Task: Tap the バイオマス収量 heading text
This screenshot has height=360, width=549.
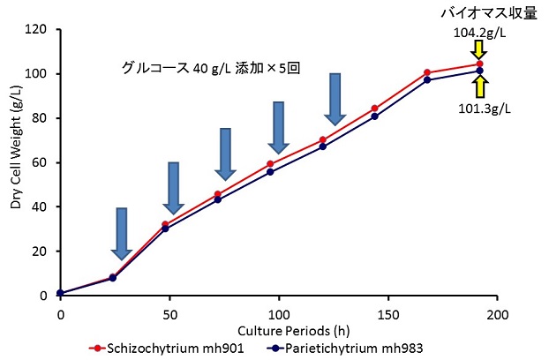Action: click(489, 12)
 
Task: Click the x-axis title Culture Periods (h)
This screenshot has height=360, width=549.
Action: click(280, 328)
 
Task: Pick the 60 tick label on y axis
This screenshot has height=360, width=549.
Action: click(40, 162)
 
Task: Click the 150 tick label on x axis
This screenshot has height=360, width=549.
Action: click(388, 313)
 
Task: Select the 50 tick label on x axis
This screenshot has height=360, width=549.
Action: click(169, 313)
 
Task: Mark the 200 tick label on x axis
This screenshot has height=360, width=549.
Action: click(498, 313)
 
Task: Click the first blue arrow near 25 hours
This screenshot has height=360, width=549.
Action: click(122, 233)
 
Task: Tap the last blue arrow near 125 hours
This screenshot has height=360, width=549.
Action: click(335, 98)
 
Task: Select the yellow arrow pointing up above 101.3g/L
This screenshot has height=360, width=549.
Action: click(479, 86)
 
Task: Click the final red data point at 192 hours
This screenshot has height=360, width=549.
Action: click(479, 64)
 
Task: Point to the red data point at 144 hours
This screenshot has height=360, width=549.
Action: click(374, 108)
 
